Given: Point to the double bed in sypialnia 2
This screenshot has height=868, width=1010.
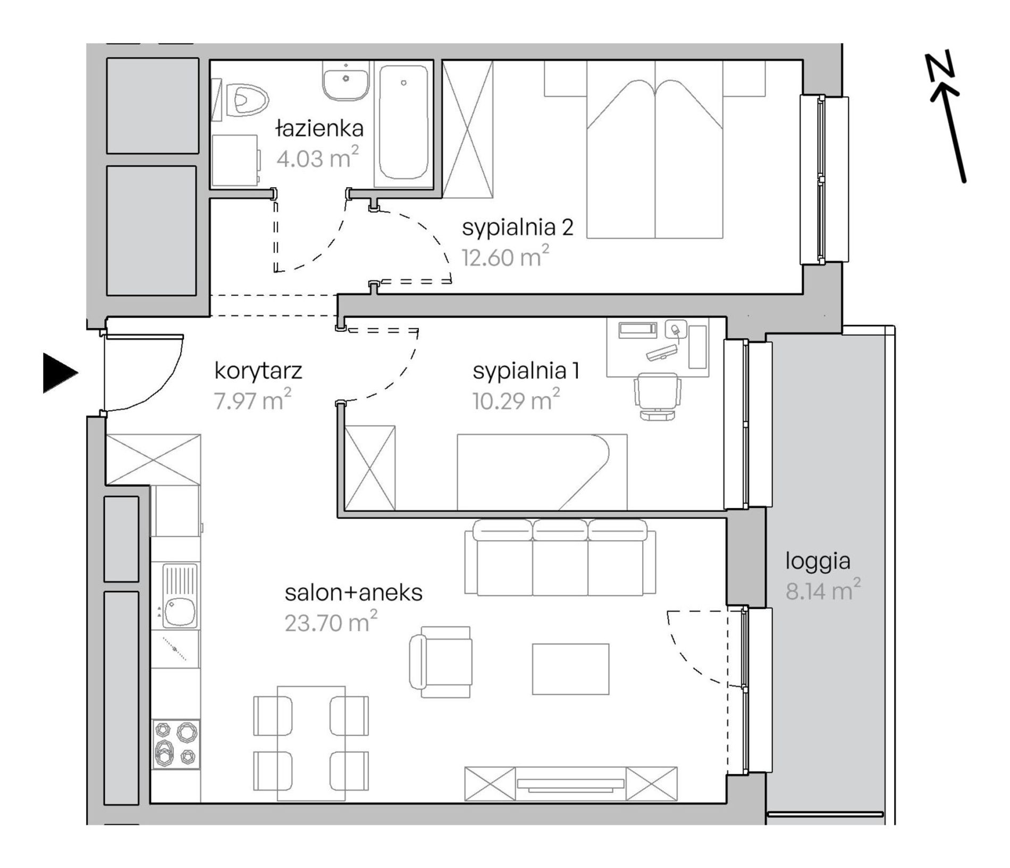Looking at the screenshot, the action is tap(655, 149).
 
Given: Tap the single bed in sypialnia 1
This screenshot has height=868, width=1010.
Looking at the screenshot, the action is tap(542, 472).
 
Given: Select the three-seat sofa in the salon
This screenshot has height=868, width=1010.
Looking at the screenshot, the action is tap(560, 557).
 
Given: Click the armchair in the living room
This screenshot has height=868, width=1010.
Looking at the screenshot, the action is tap(441, 662).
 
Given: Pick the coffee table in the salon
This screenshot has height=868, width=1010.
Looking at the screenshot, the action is tap(571, 669).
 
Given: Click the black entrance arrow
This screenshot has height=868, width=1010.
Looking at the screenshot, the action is tap(60, 373).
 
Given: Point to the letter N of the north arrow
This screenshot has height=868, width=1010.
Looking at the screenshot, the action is tap(940, 69).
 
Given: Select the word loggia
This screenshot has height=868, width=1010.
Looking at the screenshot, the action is tap(818, 562).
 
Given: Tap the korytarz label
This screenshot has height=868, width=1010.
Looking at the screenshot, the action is tap(258, 371).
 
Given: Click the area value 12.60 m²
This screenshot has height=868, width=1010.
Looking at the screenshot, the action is tap(505, 257).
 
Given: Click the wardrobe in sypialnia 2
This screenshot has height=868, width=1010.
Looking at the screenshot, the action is tap(468, 129).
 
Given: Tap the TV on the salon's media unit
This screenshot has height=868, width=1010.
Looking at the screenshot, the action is tap(570, 783).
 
